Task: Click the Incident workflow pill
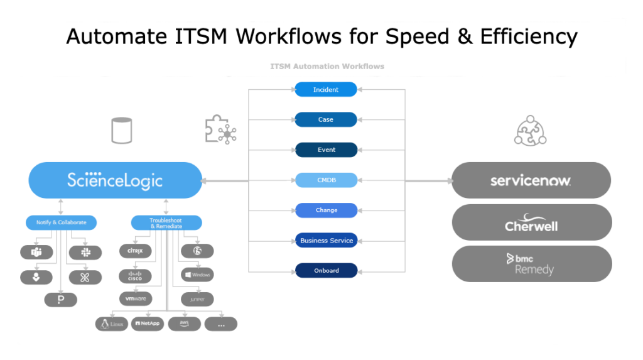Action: tap(326, 90)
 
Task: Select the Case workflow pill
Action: tap(326, 119)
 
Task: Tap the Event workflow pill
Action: tap(326, 150)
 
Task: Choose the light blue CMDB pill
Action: tap(326, 180)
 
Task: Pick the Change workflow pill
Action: tap(326, 210)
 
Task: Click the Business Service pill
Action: tap(326, 241)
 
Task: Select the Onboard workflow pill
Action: tap(326, 271)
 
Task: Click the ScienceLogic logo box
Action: tap(116, 180)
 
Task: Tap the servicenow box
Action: tap(531, 180)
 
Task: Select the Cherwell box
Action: tap(531, 222)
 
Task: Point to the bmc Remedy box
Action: tap(531, 264)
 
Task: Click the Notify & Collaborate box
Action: tap(61, 222)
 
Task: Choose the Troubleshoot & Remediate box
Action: tap(166, 222)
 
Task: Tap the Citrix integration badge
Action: tap(136, 251)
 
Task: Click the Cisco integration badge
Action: tap(136, 276)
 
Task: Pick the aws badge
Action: tap(185, 324)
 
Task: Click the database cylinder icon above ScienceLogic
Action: tap(121, 131)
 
